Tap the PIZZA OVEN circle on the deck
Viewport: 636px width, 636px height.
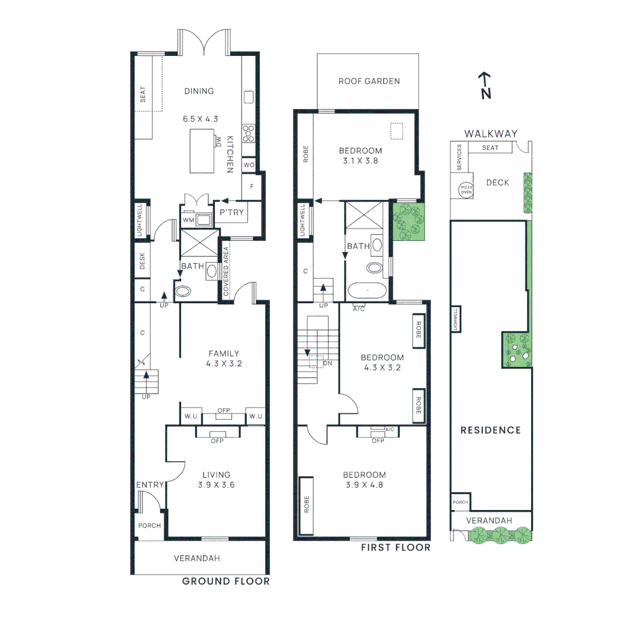click(x=466, y=190)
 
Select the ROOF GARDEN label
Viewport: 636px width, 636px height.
click(x=369, y=81)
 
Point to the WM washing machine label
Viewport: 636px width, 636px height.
click(x=188, y=220)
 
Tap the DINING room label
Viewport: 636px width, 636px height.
click(x=199, y=91)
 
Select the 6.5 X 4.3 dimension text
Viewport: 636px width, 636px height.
click(x=200, y=118)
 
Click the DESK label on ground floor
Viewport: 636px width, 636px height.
click(x=143, y=261)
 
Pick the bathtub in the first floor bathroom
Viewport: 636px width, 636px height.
click(x=368, y=291)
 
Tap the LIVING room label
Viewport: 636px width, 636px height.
click(x=216, y=475)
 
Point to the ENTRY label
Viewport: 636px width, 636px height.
click(x=150, y=485)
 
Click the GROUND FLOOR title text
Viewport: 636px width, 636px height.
click(x=226, y=581)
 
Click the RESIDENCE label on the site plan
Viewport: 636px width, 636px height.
click(x=491, y=430)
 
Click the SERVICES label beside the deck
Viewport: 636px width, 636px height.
click(x=460, y=158)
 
